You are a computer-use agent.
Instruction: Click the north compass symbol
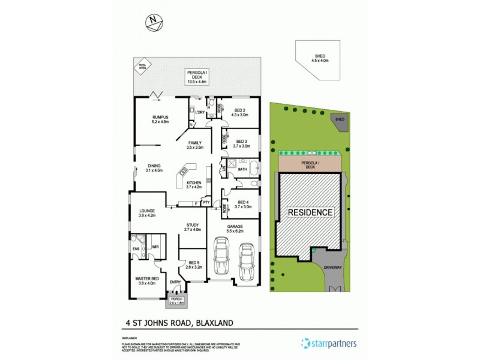pyautogui.click(x=155, y=23)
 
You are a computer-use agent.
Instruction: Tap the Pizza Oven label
pyautogui.click(x=142, y=67)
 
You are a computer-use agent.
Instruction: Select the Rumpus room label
pyautogui.click(x=160, y=119)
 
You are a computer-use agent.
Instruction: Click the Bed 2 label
pyautogui.click(x=240, y=113)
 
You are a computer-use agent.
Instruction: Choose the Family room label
pyautogui.click(x=196, y=145)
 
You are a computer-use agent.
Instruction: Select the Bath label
pyautogui.click(x=242, y=170)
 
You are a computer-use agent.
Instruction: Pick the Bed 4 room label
pyautogui.click(x=243, y=204)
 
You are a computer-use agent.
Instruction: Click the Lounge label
pyautogui.click(x=148, y=213)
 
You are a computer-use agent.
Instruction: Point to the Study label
pyautogui.click(x=193, y=227)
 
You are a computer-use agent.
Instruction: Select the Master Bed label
pyautogui.click(x=148, y=281)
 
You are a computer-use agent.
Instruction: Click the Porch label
pyautogui.click(x=176, y=301)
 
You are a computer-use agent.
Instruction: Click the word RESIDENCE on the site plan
pyautogui.click(x=310, y=212)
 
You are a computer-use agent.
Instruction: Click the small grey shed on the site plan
pyautogui.click(x=340, y=120)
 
